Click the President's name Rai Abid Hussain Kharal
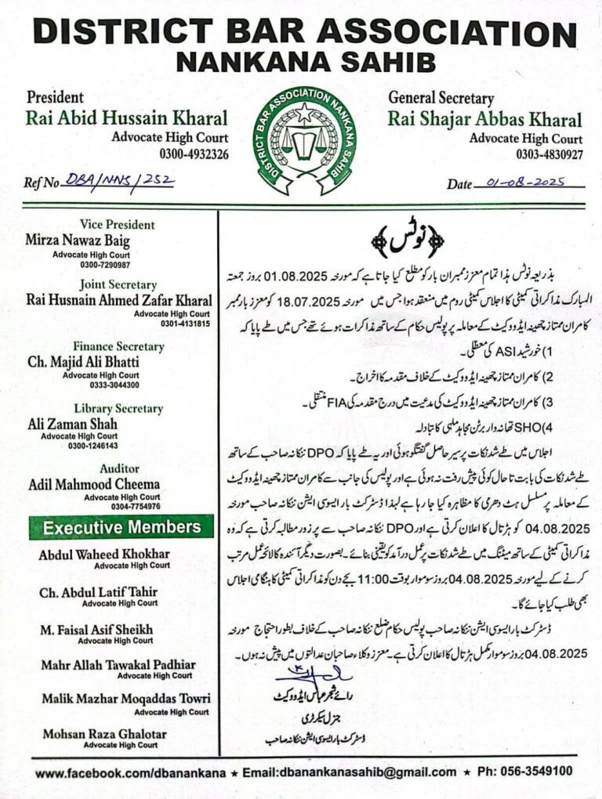tap(127, 119)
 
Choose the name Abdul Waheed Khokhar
tap(103, 555)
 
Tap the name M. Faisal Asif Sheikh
tap(96, 629)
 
